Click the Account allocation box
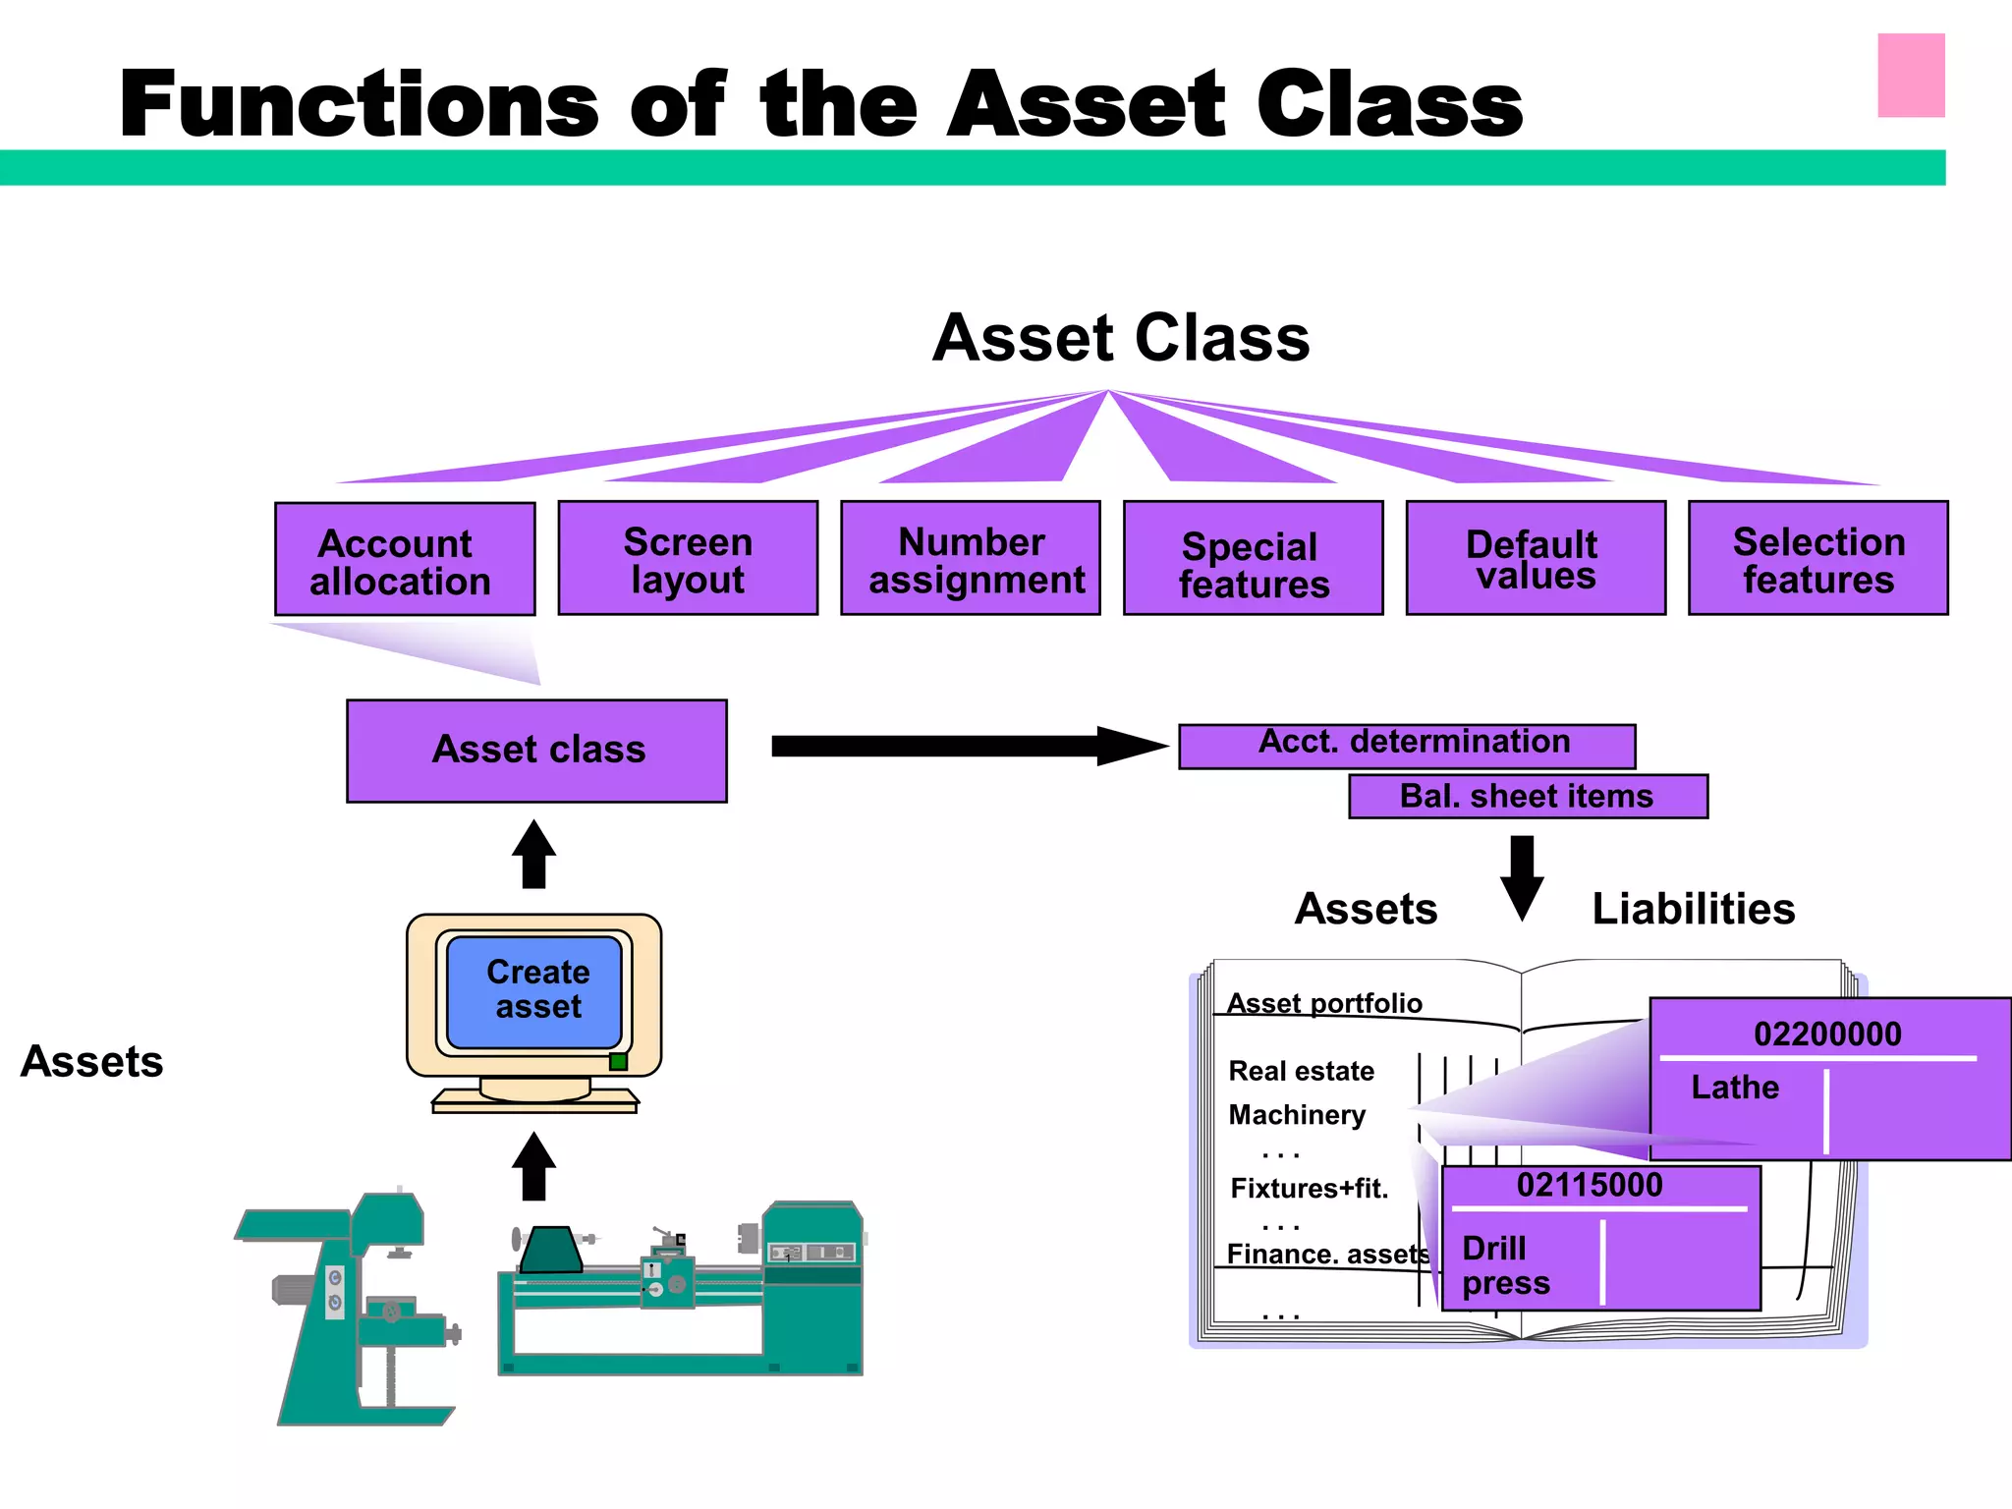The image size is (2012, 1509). click(405, 560)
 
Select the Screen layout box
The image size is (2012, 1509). click(688, 558)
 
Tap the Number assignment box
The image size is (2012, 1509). click(971, 558)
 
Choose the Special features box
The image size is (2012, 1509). click(1253, 558)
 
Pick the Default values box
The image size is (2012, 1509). click(1536, 558)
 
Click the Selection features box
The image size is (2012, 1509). click(1817, 558)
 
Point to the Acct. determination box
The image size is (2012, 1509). click(1407, 746)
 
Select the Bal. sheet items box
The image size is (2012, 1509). click(1528, 796)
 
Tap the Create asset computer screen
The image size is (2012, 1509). click(534, 990)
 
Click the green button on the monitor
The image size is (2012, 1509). click(618, 1062)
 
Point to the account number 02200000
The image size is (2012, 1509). click(1826, 1034)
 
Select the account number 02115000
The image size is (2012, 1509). click(1590, 1185)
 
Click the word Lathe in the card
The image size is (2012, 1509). click(1734, 1088)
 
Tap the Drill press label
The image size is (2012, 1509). click(1505, 1265)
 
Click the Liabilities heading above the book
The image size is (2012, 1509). click(1693, 909)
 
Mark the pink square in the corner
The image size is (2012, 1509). click(1911, 76)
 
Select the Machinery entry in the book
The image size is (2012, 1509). click(1297, 1115)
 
